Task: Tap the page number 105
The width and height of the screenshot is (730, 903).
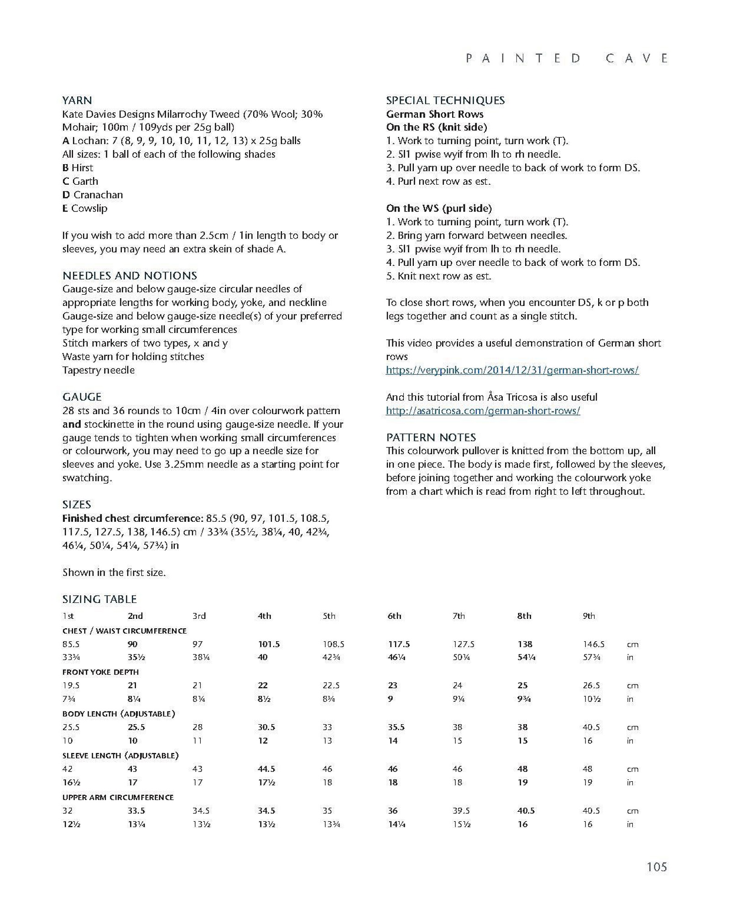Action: tap(657, 867)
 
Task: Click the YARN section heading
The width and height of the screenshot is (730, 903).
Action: tap(77, 100)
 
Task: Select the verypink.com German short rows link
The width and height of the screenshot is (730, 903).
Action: tap(512, 370)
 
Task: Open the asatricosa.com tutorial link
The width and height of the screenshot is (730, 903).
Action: tap(483, 410)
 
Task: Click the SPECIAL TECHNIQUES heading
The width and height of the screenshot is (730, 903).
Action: tap(445, 100)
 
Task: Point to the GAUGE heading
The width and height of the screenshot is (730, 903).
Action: tap(82, 397)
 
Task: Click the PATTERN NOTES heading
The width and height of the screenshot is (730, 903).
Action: tap(431, 437)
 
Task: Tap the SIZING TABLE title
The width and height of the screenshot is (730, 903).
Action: tap(99, 599)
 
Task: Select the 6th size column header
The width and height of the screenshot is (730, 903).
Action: tap(394, 616)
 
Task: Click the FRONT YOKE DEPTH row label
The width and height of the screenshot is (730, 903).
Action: tap(100, 672)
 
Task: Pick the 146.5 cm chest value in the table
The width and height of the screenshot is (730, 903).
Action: tap(594, 644)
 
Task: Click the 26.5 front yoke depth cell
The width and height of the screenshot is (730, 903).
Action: tap(591, 685)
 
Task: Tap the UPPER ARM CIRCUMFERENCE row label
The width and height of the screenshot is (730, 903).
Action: tap(118, 797)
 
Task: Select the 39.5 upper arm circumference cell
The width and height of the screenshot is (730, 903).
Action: tap(461, 810)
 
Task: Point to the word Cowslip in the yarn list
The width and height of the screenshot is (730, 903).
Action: tap(89, 208)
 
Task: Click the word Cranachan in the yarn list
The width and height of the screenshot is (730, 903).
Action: tap(98, 195)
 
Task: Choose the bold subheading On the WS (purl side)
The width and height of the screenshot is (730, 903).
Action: tap(439, 208)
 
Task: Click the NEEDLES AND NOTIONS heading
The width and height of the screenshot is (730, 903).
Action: tap(130, 275)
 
